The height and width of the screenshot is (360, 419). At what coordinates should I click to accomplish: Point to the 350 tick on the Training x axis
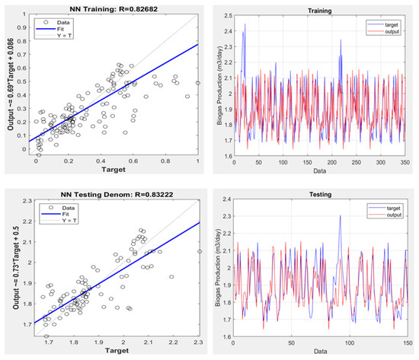411,164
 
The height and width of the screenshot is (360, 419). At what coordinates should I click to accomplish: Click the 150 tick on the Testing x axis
411,344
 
